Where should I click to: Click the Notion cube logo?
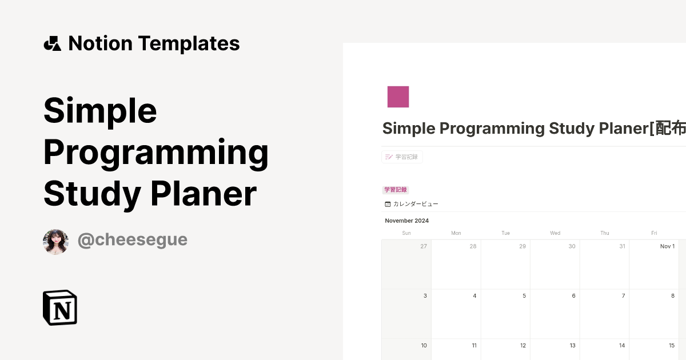point(60,307)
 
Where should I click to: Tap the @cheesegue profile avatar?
point(55,242)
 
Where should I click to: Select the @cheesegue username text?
point(132,240)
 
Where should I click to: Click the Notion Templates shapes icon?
point(52,43)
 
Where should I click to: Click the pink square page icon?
point(398,97)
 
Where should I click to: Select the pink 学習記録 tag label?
point(396,190)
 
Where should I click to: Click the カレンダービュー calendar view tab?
point(412,204)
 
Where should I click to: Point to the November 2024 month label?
point(406,221)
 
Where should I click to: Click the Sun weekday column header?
point(406,233)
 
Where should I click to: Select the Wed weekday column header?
point(555,233)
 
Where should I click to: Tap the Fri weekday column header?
point(654,233)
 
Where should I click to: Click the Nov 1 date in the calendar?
point(667,246)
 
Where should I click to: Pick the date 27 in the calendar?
point(424,246)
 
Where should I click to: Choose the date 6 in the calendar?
point(573,296)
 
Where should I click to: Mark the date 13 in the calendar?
point(572,345)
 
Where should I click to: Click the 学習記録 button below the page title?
point(402,157)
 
